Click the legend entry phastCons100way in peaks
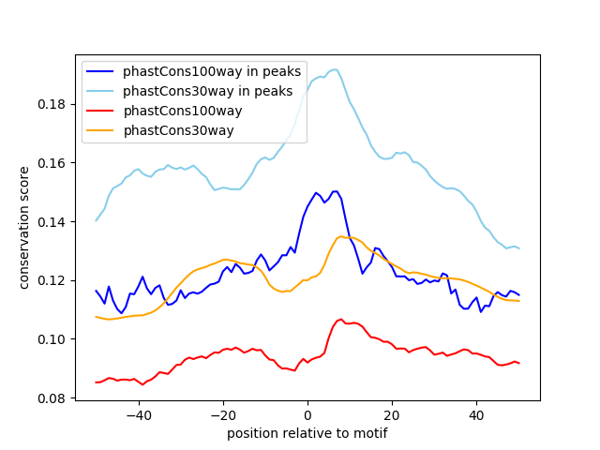click(x=212, y=72)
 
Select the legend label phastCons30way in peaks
click(x=207, y=91)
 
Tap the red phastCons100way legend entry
click(x=183, y=111)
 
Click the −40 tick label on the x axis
click(x=138, y=415)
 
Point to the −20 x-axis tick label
click(x=222, y=415)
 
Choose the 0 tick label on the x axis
click(x=307, y=415)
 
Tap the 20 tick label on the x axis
click(x=392, y=415)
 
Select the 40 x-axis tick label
click(x=476, y=415)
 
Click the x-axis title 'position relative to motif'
click(x=307, y=433)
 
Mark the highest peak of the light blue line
click(x=335, y=69)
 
